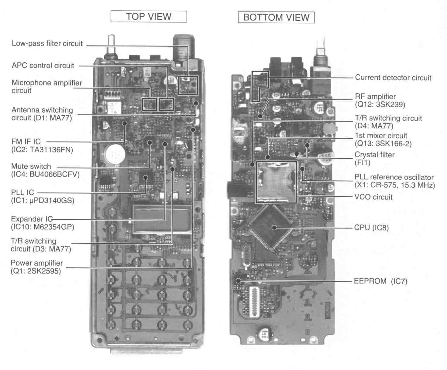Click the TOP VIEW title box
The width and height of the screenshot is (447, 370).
pos(149,17)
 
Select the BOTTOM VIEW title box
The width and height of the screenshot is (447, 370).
pos(276,17)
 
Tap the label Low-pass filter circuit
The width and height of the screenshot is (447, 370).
pos(47,43)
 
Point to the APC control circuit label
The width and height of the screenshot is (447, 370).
pos(43,66)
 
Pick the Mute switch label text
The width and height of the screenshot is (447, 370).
pos(31,166)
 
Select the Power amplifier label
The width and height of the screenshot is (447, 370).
pos(37,263)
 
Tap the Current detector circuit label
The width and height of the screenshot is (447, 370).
pos(393,78)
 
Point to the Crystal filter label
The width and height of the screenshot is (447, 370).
pos(374,155)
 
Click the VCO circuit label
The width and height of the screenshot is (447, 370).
pos(373,197)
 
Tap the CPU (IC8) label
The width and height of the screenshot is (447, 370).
pos(371,228)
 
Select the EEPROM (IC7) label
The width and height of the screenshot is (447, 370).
pos(380,281)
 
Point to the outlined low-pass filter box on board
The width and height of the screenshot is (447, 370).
pos(188,85)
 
